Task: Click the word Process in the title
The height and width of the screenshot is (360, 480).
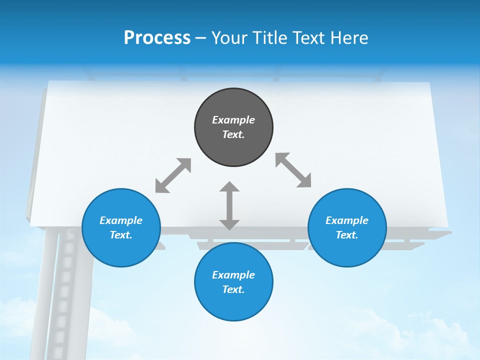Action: point(157,38)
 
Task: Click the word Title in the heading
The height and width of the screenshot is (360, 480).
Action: point(268,38)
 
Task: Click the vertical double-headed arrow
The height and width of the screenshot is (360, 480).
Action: point(229,205)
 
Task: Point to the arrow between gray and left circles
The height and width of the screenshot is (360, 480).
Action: point(173,175)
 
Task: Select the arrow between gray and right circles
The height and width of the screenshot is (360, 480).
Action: point(293,170)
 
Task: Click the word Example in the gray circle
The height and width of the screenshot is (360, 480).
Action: point(233,120)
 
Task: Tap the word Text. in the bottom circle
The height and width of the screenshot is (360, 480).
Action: point(233,289)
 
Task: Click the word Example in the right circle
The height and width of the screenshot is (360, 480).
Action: point(347,220)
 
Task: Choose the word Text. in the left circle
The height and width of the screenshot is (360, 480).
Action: point(121,235)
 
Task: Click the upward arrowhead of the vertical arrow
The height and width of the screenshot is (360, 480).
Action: point(229,187)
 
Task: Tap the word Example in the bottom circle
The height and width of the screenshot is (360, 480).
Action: point(233,275)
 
